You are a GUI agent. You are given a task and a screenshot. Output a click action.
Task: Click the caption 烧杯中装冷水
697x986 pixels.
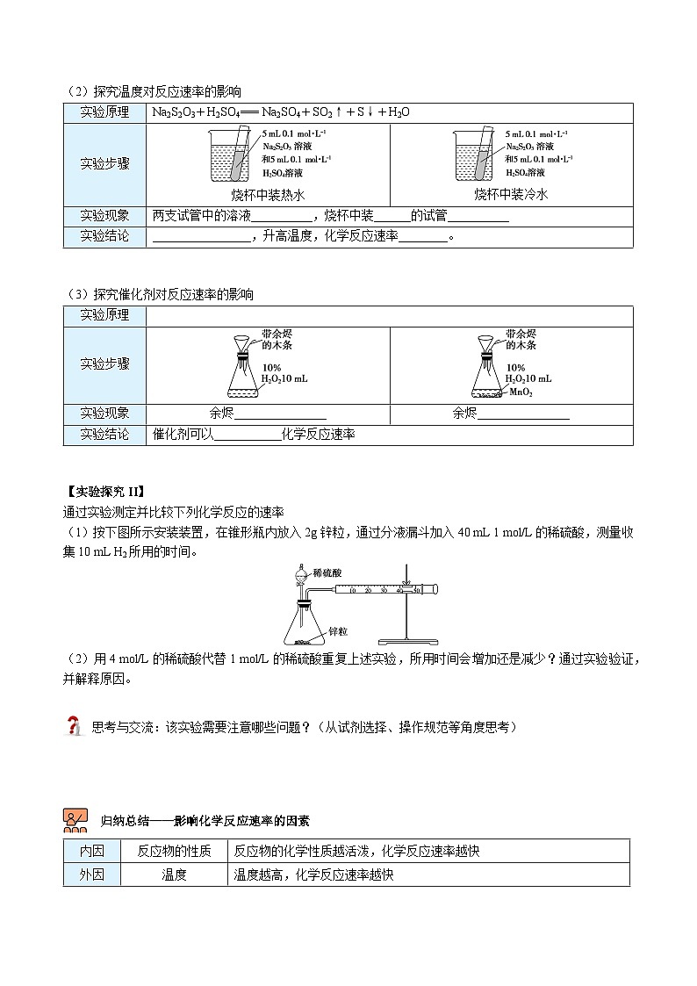[x=511, y=195]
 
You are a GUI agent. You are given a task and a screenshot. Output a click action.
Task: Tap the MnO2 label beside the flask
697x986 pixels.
[x=521, y=392]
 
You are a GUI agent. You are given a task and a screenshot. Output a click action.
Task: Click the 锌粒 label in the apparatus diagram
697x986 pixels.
[x=338, y=630]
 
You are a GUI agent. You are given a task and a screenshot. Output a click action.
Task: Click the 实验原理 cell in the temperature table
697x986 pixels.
[x=104, y=112]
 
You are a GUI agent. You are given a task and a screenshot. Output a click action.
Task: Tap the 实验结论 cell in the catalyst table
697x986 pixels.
[x=104, y=435]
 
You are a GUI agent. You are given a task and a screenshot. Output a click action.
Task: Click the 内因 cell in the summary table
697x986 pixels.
[x=91, y=851]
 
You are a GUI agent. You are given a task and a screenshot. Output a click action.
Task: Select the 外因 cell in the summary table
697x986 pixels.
[x=91, y=874]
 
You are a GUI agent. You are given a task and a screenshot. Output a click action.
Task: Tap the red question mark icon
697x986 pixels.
[x=75, y=726]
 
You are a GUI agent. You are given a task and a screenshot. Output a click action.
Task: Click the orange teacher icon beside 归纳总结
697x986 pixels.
[x=75, y=820]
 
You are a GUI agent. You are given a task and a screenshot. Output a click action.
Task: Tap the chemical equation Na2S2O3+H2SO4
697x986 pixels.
[x=281, y=112]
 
